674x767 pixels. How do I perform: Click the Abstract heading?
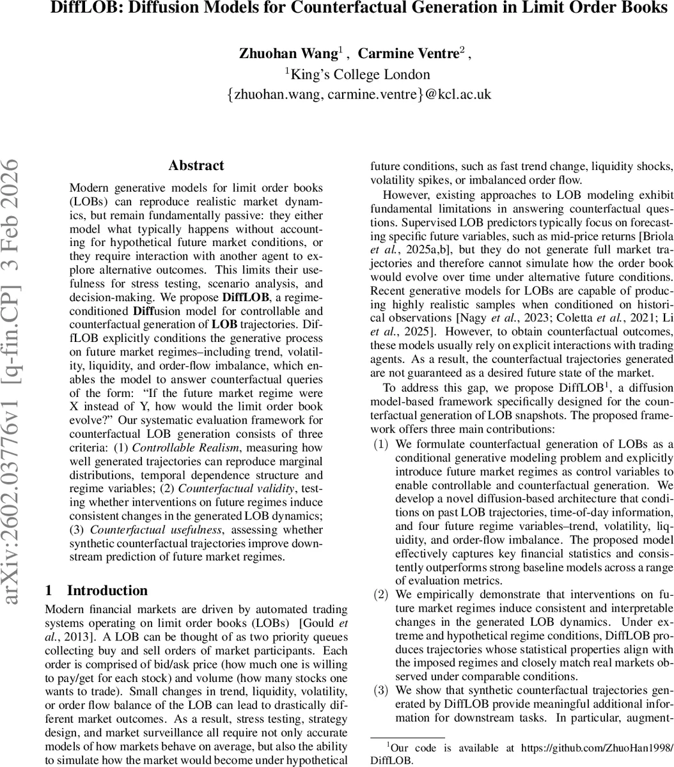click(196, 166)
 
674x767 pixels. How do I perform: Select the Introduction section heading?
click(107, 590)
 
